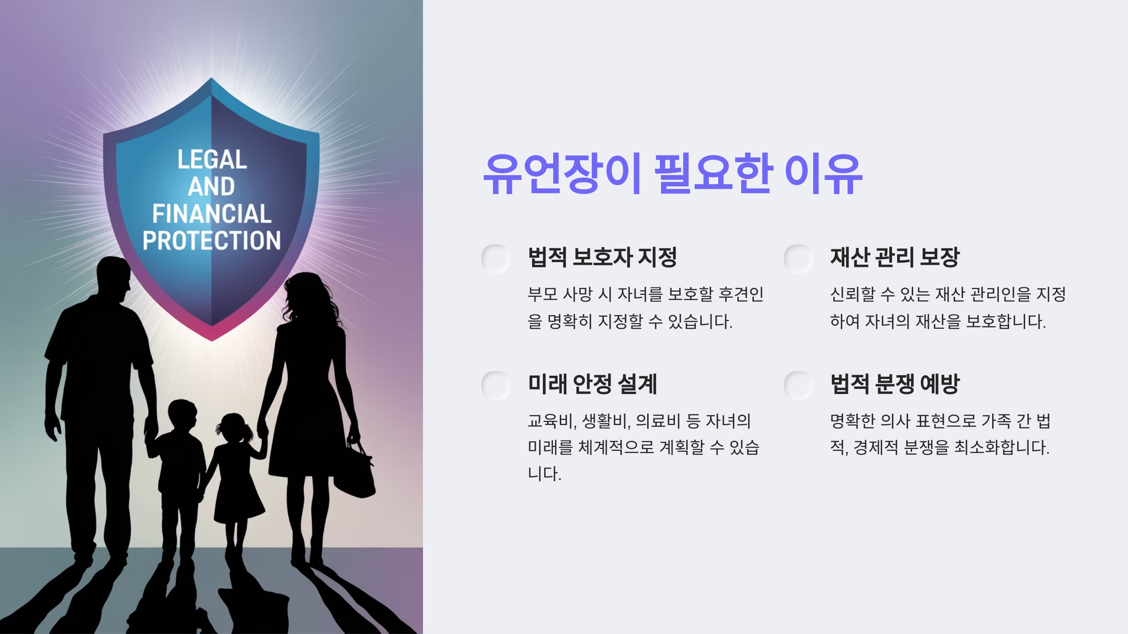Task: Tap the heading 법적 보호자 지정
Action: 602,257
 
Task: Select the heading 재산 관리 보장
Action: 894,257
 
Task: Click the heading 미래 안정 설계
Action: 592,384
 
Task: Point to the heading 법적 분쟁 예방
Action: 894,384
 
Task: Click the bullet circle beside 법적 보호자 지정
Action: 496,258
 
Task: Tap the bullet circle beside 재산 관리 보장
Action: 799,258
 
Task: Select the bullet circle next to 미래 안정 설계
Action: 496,385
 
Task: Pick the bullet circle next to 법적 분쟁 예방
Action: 799,385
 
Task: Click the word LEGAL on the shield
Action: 212,160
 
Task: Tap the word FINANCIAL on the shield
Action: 212,214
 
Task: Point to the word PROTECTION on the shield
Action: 212,240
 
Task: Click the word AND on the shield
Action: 211,186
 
